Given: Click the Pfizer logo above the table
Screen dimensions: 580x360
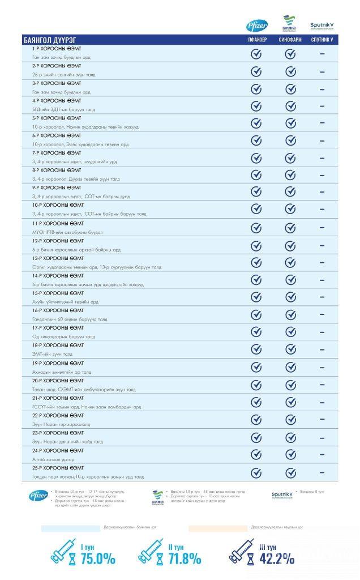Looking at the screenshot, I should click(x=256, y=26).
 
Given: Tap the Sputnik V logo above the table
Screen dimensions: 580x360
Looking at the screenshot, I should click(x=322, y=26).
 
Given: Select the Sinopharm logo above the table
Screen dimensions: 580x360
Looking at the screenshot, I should click(x=290, y=24).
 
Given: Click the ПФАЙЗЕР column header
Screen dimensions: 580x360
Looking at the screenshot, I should click(x=256, y=40).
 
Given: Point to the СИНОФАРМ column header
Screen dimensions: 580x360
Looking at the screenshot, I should click(x=290, y=40).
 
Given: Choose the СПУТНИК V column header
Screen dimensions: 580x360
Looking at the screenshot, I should click(x=322, y=40).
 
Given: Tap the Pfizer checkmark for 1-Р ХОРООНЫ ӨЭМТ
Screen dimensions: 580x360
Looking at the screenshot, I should click(x=256, y=54).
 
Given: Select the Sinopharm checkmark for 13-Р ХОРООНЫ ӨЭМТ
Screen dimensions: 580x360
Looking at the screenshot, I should click(x=290, y=263).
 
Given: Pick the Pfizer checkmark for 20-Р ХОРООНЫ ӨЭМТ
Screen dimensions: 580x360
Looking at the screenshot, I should click(x=256, y=385).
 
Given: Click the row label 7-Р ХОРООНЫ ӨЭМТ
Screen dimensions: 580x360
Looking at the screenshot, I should click(x=57, y=153).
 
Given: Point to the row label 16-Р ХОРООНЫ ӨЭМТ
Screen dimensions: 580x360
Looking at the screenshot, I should click(x=58, y=310).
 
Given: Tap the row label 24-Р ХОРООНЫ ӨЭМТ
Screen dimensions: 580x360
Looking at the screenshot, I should click(x=58, y=450).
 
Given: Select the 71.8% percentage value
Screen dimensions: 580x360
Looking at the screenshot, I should click(x=184, y=558).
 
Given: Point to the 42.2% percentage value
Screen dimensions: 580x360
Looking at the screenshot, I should click(x=277, y=558).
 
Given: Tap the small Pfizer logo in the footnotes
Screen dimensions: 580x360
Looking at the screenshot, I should click(x=38, y=496).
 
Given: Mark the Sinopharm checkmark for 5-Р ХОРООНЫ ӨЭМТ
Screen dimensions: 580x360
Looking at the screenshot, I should click(x=290, y=123).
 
